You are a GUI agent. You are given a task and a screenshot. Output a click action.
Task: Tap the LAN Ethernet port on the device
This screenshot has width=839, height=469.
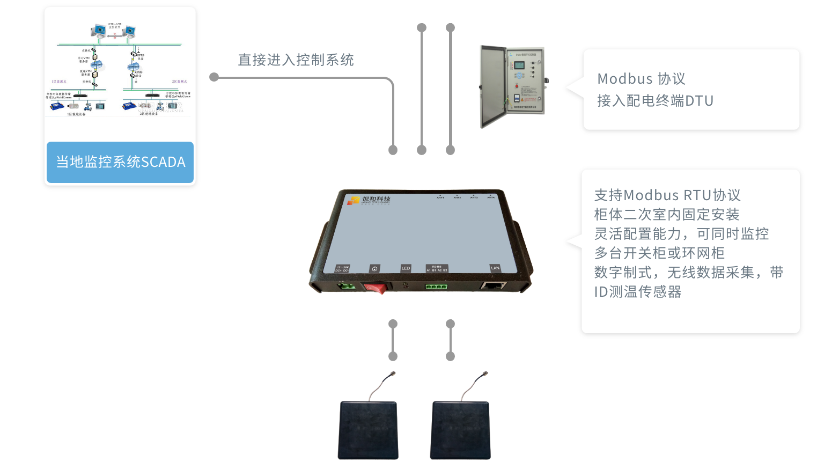(493, 285)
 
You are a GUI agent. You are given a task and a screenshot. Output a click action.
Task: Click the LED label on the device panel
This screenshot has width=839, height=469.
(406, 268)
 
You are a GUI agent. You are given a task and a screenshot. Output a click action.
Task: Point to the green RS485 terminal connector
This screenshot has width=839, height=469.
(436, 287)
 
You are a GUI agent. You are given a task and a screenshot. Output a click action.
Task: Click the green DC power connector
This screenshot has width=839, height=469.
(346, 286)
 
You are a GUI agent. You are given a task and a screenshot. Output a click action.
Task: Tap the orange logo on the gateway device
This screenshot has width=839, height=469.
(354, 201)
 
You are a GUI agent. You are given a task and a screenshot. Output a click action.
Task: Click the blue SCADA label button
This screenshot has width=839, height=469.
(120, 162)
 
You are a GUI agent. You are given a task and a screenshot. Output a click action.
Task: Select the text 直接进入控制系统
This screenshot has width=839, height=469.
(296, 60)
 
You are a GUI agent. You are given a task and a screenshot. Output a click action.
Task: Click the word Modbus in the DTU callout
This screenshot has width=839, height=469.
(624, 79)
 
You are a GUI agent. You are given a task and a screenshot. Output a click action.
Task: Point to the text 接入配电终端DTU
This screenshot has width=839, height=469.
(655, 101)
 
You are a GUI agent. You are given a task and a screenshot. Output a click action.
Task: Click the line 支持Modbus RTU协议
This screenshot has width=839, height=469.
(667, 195)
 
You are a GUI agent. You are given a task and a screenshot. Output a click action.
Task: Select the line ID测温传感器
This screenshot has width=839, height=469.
(637, 292)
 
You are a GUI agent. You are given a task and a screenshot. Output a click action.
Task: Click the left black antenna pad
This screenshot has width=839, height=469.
(368, 430)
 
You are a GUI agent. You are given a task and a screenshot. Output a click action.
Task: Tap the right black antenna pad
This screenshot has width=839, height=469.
(460, 430)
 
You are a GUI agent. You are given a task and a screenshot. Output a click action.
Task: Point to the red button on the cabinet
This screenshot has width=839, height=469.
(517, 86)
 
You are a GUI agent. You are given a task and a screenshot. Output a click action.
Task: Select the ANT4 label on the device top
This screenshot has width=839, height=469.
(490, 197)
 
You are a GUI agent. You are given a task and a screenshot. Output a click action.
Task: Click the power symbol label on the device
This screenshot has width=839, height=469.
(374, 268)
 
